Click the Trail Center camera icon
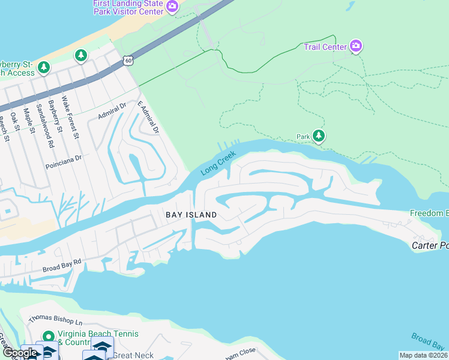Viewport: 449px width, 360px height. click(356, 46)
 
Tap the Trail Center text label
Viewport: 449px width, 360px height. click(325, 47)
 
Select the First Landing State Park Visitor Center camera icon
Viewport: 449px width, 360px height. click(172, 7)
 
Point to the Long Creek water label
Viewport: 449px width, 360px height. click(218, 163)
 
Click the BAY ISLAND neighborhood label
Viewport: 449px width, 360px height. click(191, 214)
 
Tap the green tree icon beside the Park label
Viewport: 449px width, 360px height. click(319, 137)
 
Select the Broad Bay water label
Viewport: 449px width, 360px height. click(427, 341)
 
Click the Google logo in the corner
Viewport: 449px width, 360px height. click(20, 353)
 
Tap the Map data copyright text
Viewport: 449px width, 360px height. click(423, 355)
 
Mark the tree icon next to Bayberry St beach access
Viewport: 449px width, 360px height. click(43, 68)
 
